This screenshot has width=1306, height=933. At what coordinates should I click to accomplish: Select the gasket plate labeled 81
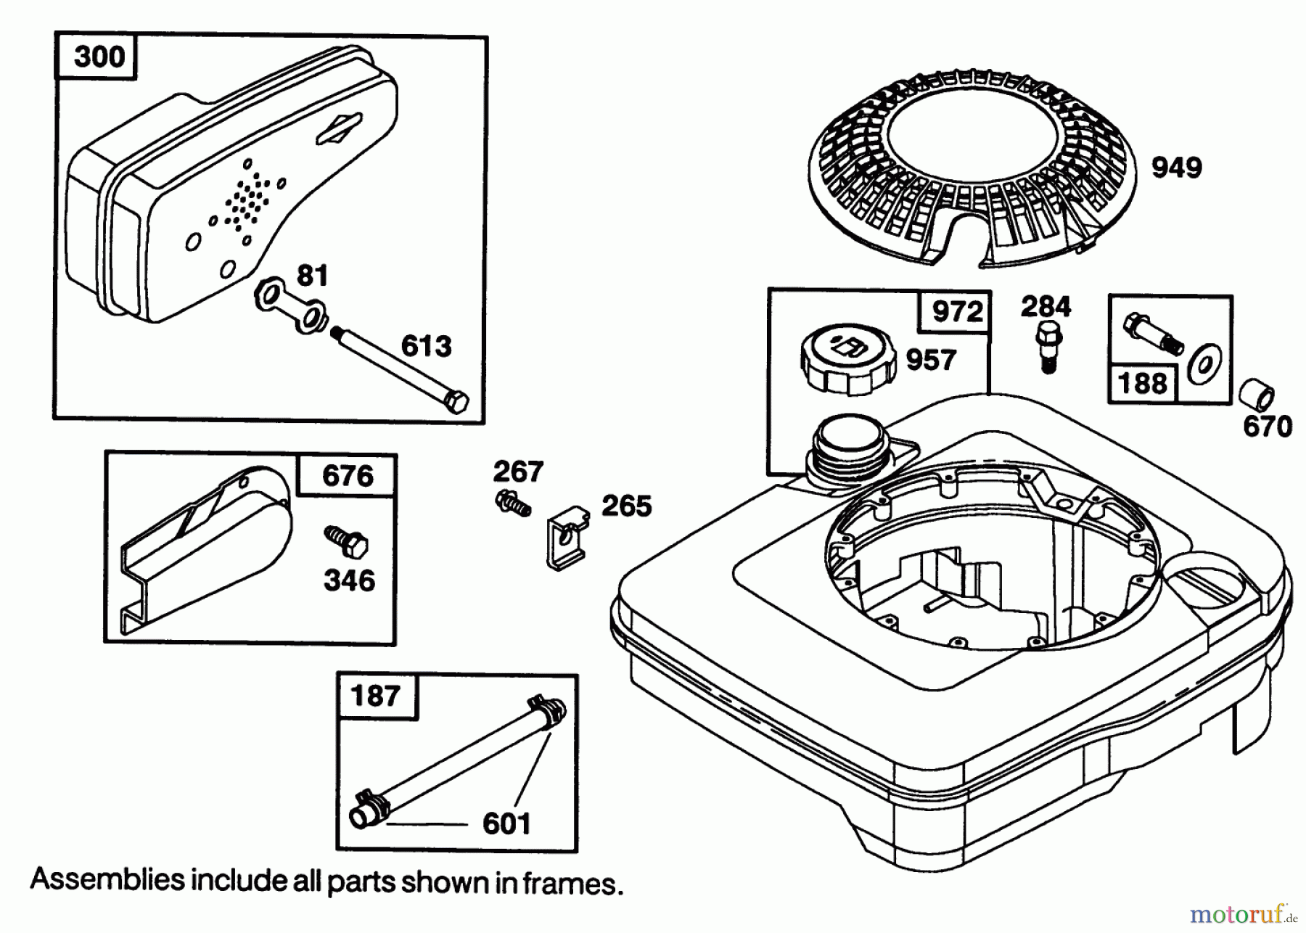tap(290, 308)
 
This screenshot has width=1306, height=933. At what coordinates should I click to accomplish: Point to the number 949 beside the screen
tap(1177, 168)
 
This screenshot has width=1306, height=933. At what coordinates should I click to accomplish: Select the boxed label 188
tap(1142, 382)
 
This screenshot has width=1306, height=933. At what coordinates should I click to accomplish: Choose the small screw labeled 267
tap(512, 503)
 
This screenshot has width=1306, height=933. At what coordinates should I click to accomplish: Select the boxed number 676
tap(348, 476)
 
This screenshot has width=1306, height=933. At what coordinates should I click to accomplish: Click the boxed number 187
tap(375, 696)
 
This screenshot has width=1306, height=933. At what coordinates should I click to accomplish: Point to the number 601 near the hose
tap(506, 823)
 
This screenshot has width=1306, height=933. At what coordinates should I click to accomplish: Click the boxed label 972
tap(956, 312)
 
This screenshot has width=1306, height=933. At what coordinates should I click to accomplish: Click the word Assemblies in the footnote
tap(107, 880)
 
